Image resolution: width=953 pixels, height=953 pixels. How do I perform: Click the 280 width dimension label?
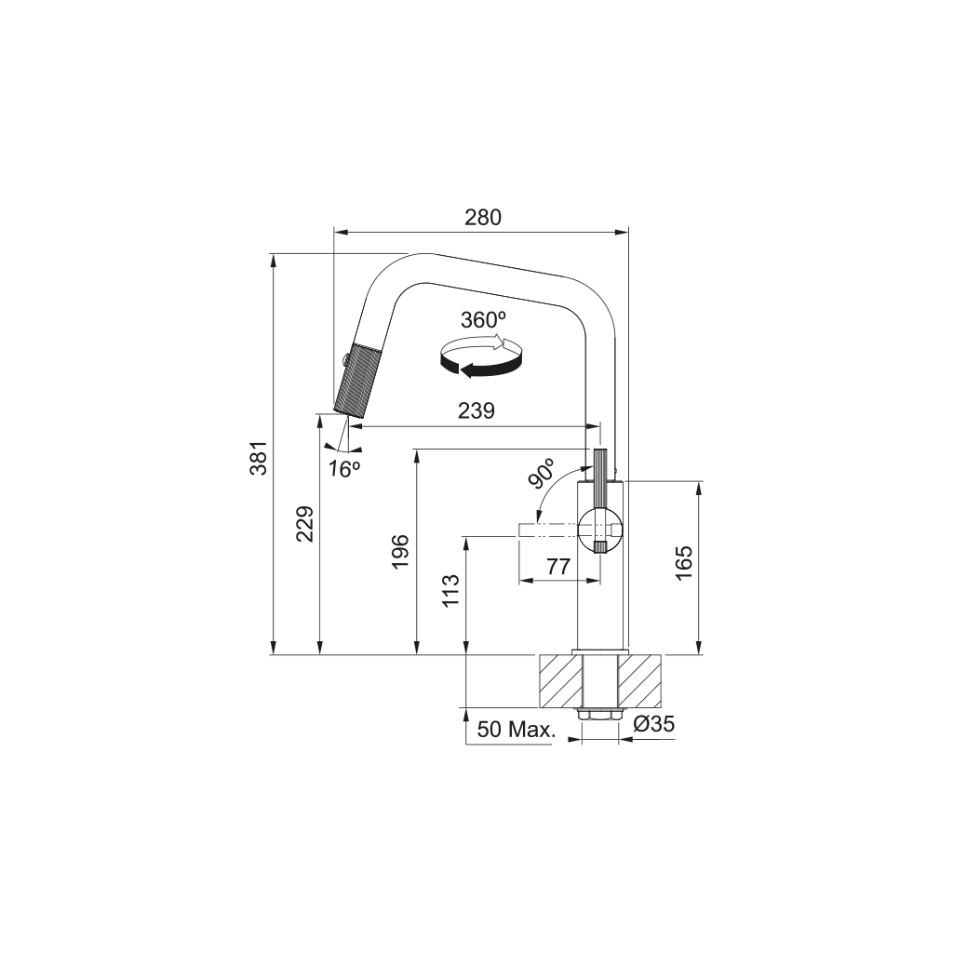pyautogui.click(x=483, y=218)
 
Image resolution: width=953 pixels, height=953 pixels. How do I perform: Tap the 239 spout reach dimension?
pyautogui.click(x=476, y=410)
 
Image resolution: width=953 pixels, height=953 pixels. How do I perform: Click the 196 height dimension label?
pyautogui.click(x=401, y=553)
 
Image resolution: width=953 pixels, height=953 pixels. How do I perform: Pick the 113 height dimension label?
pyautogui.click(x=451, y=591)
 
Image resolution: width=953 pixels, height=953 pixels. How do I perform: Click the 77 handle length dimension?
pyautogui.click(x=557, y=566)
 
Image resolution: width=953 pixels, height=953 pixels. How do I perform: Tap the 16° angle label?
pyautogui.click(x=343, y=469)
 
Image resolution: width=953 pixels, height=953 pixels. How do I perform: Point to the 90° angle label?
pyautogui.click(x=542, y=474)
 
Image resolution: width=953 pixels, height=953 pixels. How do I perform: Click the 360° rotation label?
pyautogui.click(x=483, y=319)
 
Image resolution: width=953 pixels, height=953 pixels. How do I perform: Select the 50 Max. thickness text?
pyautogui.click(x=516, y=729)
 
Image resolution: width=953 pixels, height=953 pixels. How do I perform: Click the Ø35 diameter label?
pyautogui.click(x=653, y=724)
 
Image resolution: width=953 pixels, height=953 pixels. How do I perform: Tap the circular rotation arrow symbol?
pyautogui.click(x=481, y=359)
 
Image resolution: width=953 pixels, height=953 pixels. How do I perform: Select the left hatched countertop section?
pyautogui.click(x=558, y=680)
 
